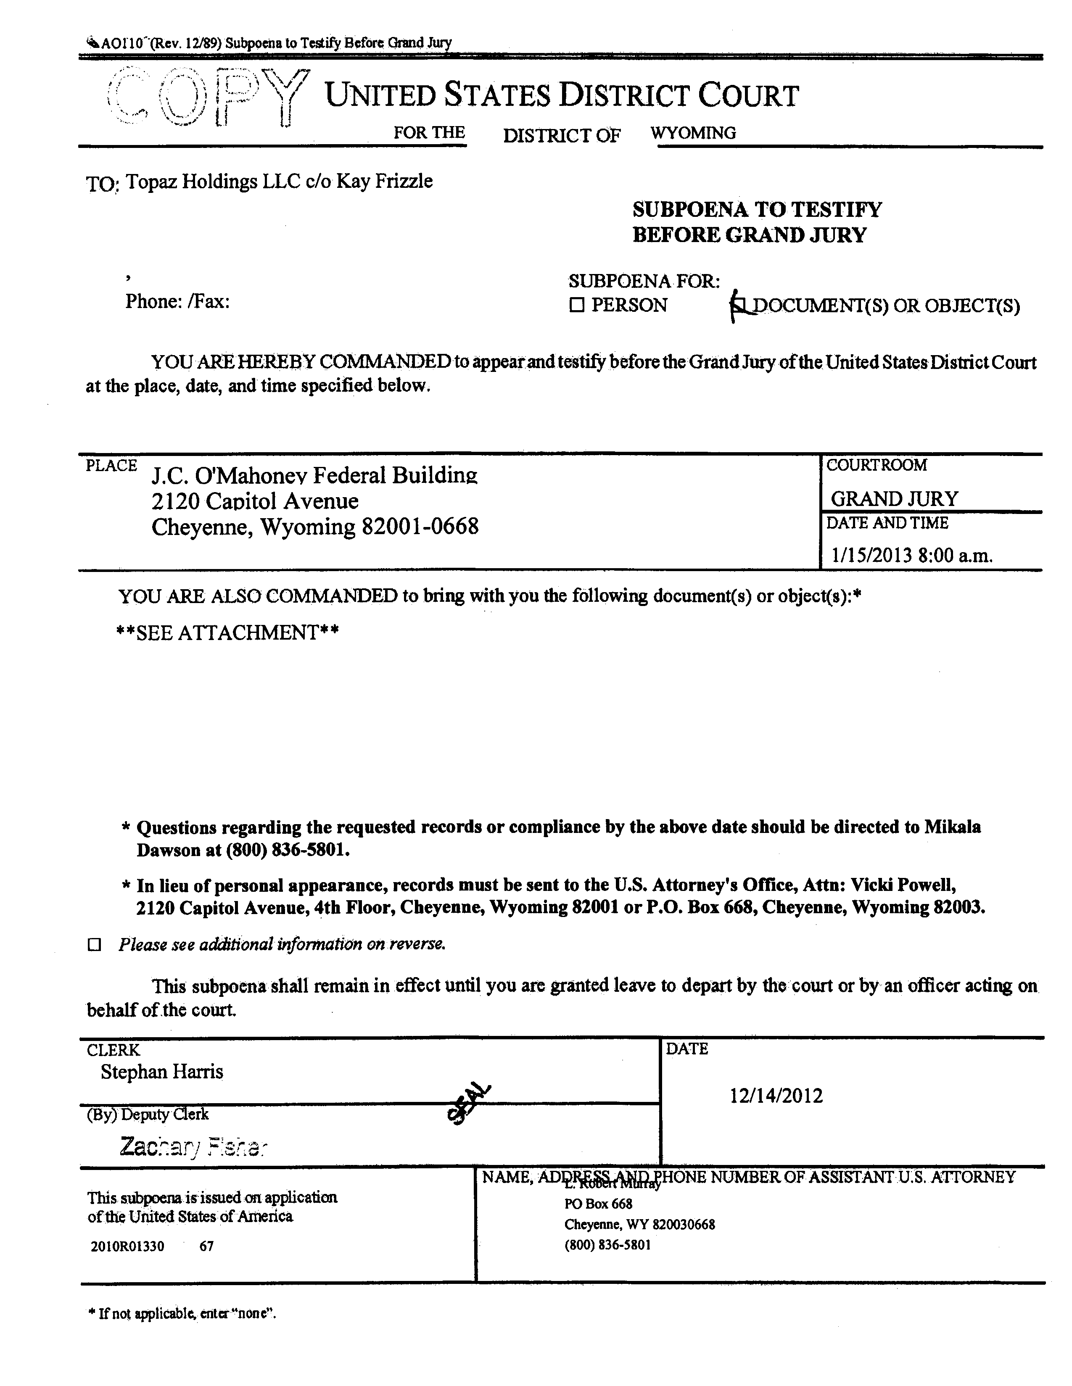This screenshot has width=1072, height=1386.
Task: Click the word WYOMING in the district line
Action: pyautogui.click(x=693, y=133)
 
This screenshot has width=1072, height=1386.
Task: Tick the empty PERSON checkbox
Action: pyautogui.click(x=576, y=305)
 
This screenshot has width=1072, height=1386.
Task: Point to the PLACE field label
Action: pyautogui.click(x=111, y=465)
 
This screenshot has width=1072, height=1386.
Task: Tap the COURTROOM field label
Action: pyautogui.click(x=876, y=465)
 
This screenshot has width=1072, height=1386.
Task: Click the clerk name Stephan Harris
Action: pyautogui.click(x=162, y=1072)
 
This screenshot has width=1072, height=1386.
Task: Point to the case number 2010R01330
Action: pyautogui.click(x=127, y=1246)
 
